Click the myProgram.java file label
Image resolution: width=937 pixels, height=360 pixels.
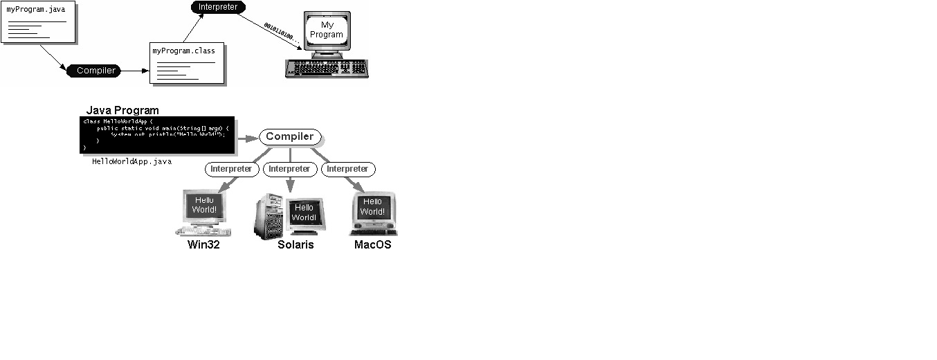(36, 10)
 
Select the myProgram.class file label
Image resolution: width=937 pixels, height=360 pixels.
(183, 51)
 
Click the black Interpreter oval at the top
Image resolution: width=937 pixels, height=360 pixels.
(217, 8)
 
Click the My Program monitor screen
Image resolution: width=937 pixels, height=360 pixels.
(327, 30)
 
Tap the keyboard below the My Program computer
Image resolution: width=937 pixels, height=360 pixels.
(326, 68)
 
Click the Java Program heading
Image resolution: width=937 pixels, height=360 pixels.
(122, 111)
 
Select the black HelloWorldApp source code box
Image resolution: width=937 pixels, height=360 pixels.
(157, 134)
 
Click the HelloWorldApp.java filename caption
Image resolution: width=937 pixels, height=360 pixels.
(131, 161)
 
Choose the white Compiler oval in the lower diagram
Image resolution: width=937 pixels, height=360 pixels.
(290, 137)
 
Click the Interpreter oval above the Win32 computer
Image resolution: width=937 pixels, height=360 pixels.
(231, 169)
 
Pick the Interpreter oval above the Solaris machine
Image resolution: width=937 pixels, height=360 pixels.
(289, 169)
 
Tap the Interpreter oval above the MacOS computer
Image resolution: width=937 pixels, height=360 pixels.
(347, 169)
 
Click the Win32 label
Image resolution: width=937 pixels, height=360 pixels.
(203, 244)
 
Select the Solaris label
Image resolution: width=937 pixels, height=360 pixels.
(295, 244)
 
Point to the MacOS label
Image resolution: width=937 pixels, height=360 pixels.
(372, 244)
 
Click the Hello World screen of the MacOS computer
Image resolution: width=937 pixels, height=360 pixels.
(372, 206)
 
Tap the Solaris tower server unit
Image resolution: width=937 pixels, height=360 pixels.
(269, 215)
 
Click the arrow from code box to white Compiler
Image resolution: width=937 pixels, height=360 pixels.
(246, 138)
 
